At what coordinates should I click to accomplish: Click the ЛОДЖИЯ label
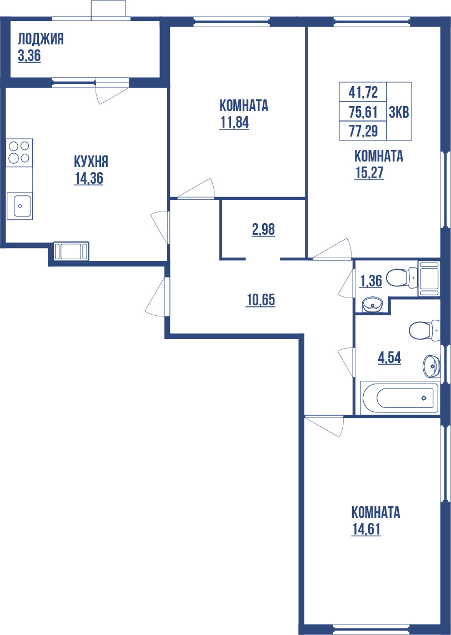[41, 39]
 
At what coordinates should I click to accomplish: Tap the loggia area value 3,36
[29, 56]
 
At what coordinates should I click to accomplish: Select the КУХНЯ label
[91, 162]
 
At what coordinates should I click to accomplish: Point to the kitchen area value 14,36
[89, 178]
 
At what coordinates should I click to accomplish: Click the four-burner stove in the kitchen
[19, 152]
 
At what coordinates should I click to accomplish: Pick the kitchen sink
[19, 206]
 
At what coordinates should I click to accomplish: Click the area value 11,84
[234, 123]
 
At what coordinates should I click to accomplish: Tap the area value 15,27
[369, 173]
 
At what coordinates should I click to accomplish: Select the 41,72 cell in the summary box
[363, 91]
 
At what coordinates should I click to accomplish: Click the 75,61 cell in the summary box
[363, 112]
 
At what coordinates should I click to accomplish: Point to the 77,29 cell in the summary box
[363, 132]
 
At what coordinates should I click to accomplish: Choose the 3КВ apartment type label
[399, 112]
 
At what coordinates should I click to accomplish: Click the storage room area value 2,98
[263, 229]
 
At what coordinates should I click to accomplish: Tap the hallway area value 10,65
[261, 300]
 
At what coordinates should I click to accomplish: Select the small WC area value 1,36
[371, 281]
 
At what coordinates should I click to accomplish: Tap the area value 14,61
[366, 529]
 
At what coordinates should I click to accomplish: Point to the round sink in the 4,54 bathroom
[430, 365]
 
